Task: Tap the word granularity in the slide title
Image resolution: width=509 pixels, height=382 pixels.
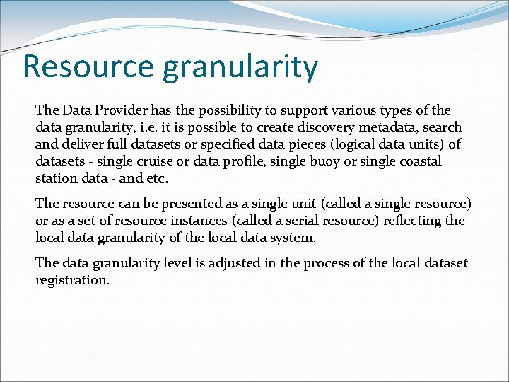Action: [x=240, y=67]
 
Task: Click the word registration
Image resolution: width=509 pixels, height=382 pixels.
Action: [x=71, y=280]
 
